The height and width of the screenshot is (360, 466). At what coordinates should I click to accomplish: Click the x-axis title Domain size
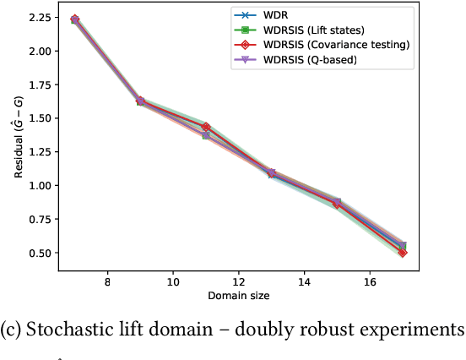[x=238, y=297]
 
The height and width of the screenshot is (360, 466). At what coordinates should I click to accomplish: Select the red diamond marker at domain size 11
[x=205, y=127]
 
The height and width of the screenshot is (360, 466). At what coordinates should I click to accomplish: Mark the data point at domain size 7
[x=74, y=19]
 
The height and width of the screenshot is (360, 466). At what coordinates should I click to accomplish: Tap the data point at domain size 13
[x=271, y=173]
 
